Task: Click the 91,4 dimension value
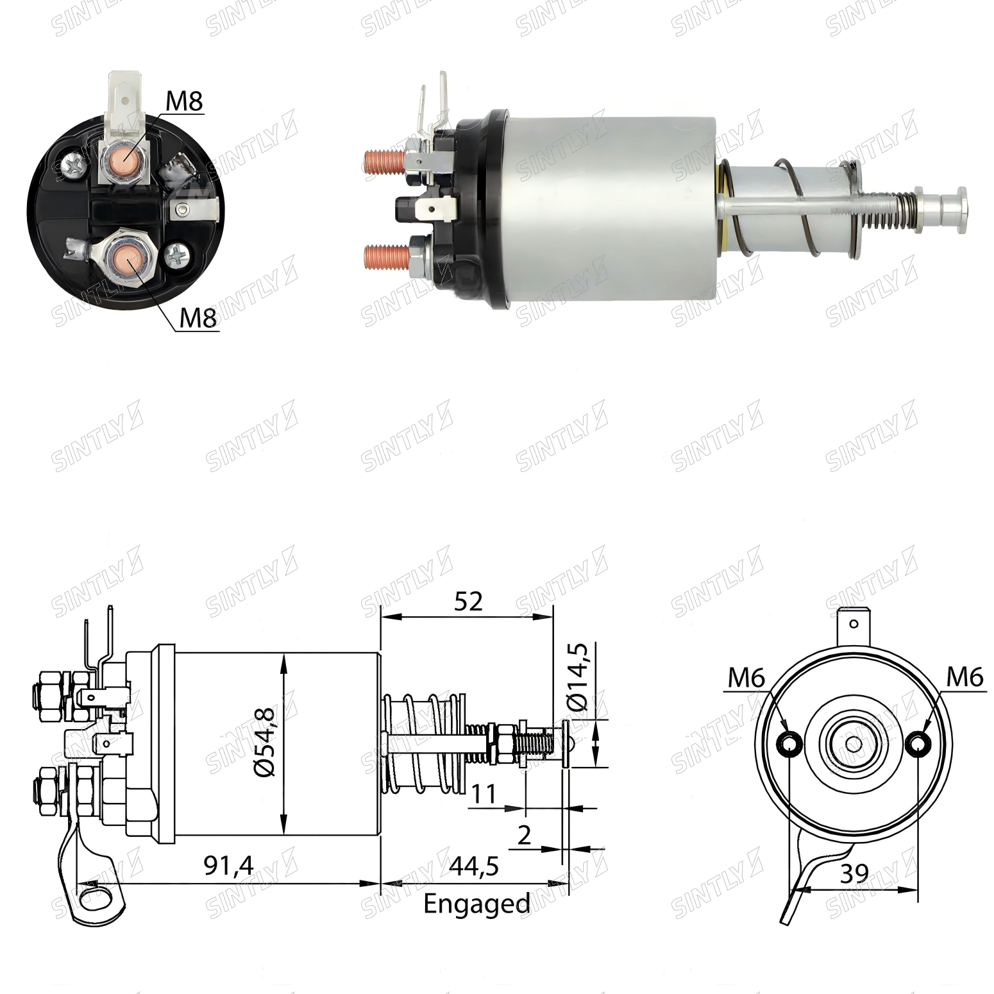point(228,866)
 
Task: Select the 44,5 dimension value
point(474,866)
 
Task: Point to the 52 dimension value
point(468,602)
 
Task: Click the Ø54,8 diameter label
point(265,742)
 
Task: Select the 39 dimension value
point(854,873)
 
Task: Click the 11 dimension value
point(484,794)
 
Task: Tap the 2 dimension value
point(524,836)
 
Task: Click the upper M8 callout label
point(184,101)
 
